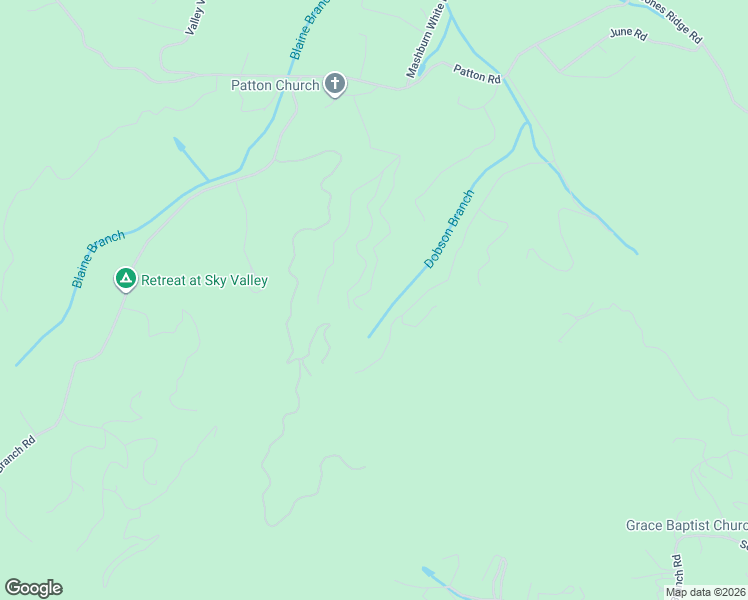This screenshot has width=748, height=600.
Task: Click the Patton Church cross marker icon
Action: [335, 85]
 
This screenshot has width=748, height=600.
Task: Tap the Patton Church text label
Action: [275, 86]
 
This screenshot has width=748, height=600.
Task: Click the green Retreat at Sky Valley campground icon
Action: [126, 279]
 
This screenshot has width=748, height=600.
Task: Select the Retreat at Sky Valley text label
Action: [204, 281]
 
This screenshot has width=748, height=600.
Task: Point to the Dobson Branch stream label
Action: [448, 230]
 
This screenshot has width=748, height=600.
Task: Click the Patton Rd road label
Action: [476, 74]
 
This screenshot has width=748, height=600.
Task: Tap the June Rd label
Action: [628, 35]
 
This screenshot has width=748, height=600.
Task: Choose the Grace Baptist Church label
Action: [687, 525]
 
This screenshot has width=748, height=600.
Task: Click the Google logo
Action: [33, 588]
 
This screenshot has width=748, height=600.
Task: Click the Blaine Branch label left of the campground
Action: [98, 259]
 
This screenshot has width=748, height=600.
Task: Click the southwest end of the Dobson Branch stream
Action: [370, 336]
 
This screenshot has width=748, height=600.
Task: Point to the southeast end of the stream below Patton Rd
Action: [634, 251]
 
